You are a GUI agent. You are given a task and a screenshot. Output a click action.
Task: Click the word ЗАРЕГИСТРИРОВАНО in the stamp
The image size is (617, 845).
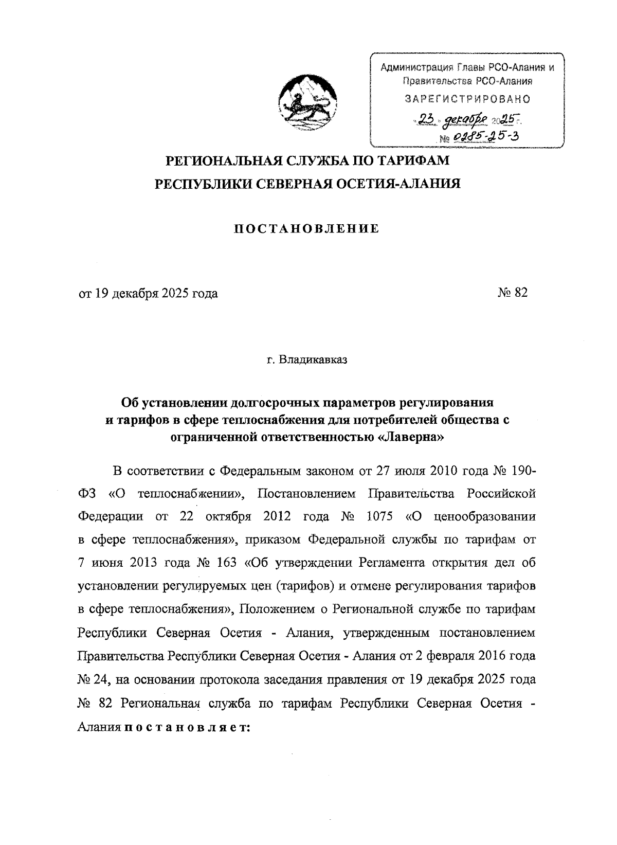(467, 98)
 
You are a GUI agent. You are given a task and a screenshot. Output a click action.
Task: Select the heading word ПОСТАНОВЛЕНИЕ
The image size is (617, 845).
(307, 229)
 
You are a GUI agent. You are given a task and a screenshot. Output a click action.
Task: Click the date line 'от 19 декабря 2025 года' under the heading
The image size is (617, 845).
(148, 293)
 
